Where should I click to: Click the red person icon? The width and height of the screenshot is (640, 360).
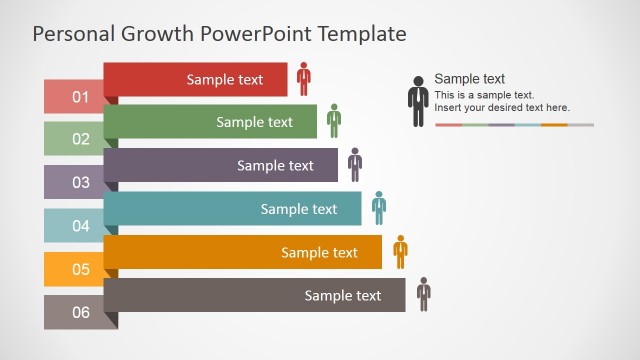[x=303, y=79]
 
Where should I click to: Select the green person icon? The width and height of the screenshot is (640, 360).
[x=333, y=121]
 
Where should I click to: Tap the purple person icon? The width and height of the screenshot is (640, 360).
[x=355, y=164]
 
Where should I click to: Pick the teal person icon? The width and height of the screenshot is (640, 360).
[x=379, y=207]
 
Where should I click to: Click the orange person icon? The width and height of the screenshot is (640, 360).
[x=400, y=251]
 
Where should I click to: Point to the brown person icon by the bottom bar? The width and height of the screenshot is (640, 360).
[x=424, y=294]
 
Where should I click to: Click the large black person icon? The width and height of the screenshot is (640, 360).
[x=418, y=101]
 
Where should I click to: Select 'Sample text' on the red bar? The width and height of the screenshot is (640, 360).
[x=225, y=79]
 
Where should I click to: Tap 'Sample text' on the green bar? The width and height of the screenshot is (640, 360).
[x=255, y=122]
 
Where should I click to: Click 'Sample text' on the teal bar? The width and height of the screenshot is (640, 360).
[x=299, y=209]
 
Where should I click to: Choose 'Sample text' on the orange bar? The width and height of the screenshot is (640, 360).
[x=319, y=252]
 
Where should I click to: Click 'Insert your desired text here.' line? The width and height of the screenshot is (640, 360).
[x=502, y=107]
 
